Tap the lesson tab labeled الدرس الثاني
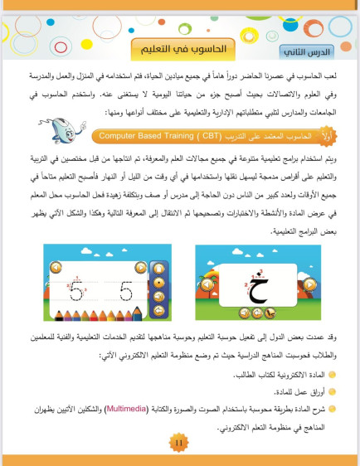[x=304, y=52]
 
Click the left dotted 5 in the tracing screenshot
[x=75, y=291]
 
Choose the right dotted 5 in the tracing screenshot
[x=124, y=291]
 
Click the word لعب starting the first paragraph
[x=330, y=74]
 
